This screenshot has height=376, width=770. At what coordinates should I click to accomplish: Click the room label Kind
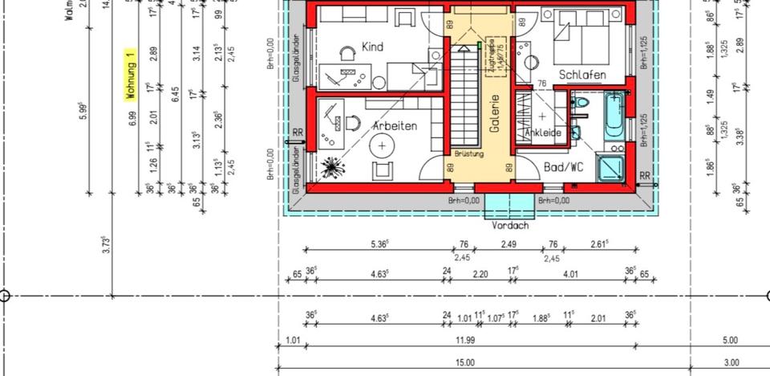[372, 47]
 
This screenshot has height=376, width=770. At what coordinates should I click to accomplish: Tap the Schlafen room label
[582, 75]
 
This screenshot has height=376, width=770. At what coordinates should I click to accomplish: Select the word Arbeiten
[395, 126]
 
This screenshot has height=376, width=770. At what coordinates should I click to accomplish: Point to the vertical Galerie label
[495, 114]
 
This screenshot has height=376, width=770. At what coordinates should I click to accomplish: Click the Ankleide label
[542, 133]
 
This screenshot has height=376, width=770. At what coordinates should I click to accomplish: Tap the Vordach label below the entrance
[510, 226]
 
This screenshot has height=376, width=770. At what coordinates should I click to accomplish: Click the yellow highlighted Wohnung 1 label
[129, 75]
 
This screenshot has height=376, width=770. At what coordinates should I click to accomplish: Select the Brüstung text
[468, 153]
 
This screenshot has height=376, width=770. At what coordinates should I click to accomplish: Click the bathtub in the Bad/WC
[615, 116]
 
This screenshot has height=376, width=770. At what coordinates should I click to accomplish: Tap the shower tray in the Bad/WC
[616, 166]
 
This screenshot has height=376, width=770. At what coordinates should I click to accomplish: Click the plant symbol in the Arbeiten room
[330, 168]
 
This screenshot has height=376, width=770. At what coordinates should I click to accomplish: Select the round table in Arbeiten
[382, 145]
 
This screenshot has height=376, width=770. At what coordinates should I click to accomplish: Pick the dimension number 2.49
[509, 244]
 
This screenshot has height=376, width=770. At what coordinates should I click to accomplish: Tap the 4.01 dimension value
[570, 275]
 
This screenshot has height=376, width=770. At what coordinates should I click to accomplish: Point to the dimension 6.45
[175, 94]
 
